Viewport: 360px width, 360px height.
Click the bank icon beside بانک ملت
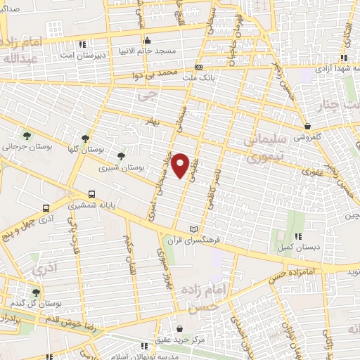coord(198,68)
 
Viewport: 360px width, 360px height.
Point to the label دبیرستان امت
coord(82,55)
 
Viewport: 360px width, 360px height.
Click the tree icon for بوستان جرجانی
coord(27,136)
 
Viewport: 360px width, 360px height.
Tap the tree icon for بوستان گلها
coord(86,138)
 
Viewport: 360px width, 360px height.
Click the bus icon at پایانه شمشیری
coord(91,195)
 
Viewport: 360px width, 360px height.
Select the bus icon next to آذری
coord(46,208)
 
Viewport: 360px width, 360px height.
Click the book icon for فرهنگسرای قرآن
coord(195,229)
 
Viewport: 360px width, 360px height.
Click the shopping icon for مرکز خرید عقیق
coord(179,328)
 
